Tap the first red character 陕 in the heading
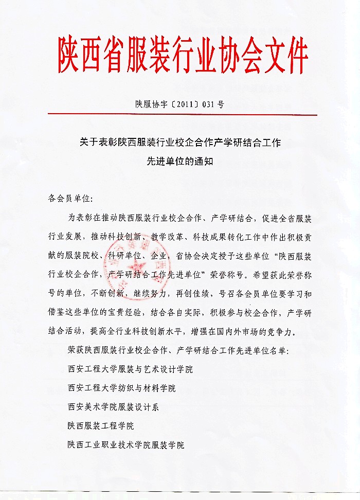click(70, 54)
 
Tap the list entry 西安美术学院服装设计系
click(113, 406)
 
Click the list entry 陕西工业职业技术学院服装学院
click(125, 444)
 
